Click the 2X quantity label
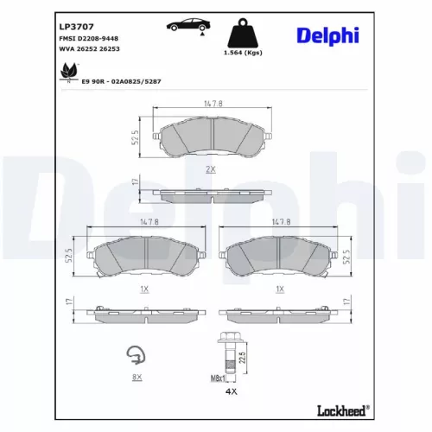coord(209,169)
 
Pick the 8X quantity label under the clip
coord(136,378)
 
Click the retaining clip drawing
coord(135,355)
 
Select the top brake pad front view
coord(209,136)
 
